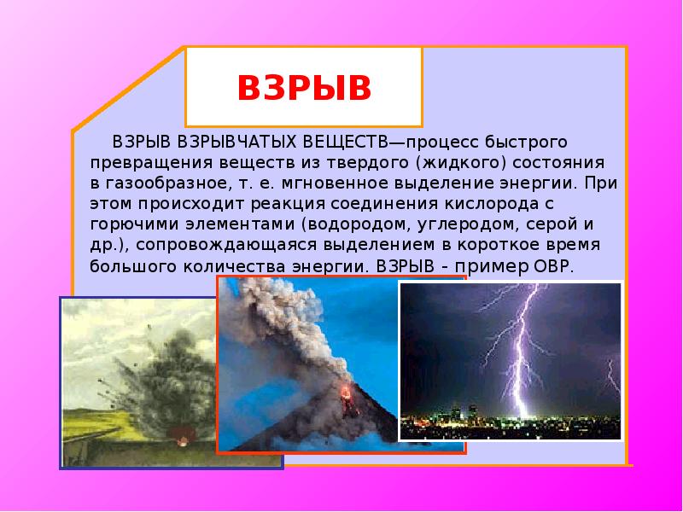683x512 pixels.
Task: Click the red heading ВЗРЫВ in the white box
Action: [304, 88]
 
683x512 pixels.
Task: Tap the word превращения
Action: [151, 164]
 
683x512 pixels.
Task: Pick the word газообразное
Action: [167, 183]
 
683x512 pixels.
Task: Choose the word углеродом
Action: [468, 225]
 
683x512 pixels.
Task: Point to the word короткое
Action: [495, 245]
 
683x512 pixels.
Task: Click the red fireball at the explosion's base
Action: [183, 435]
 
